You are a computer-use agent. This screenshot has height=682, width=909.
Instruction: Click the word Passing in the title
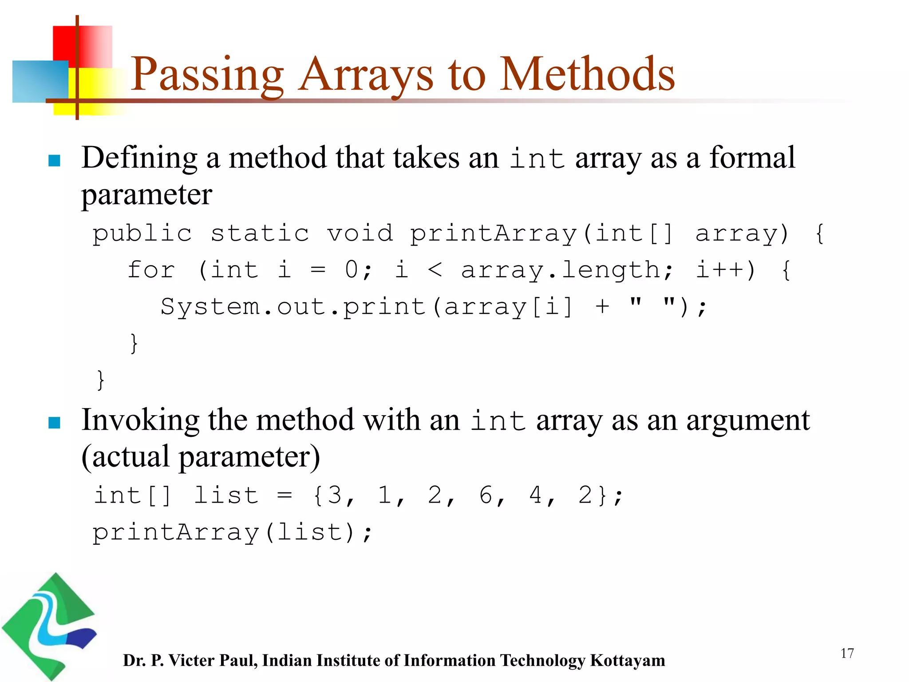[207, 75]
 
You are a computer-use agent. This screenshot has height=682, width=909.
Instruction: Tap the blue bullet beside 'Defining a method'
[54, 160]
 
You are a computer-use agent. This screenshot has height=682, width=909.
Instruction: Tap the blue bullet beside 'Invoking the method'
[54, 422]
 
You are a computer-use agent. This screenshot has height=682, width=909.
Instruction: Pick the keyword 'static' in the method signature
[260, 233]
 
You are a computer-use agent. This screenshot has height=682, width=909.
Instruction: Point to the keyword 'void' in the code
[360, 233]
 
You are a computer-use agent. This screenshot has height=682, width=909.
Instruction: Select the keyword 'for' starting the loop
[151, 270]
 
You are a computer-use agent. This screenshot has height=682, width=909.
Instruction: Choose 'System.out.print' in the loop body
[293, 307]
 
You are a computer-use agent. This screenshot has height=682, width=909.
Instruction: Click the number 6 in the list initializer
[486, 495]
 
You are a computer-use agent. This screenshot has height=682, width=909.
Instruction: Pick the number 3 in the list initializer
[335, 495]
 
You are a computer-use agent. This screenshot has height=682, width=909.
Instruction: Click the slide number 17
[847, 653]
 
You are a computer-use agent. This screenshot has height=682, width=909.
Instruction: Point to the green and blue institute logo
[49, 626]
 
